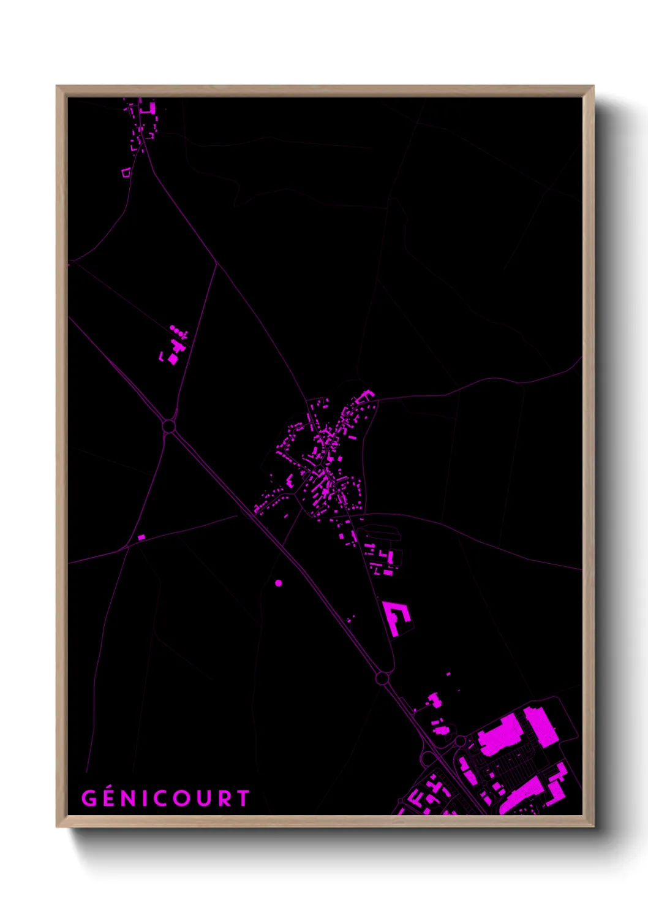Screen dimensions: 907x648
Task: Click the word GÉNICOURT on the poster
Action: (165, 798)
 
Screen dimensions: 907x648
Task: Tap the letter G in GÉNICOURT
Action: (89, 798)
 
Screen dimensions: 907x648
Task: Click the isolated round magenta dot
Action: (279, 583)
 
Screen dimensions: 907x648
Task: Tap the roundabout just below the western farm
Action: (169, 425)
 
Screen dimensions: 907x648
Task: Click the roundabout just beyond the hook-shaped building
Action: (382, 678)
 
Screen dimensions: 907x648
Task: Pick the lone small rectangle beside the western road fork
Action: (141, 537)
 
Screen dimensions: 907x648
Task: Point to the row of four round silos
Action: (178, 332)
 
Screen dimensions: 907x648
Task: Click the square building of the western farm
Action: (173, 359)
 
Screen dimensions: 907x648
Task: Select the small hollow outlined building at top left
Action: (126, 173)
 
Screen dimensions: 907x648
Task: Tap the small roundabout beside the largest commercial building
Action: (459, 741)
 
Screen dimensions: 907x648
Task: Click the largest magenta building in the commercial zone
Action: (500, 733)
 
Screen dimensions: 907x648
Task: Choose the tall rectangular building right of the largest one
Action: (540, 727)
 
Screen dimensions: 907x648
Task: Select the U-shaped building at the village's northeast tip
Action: (366, 395)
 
